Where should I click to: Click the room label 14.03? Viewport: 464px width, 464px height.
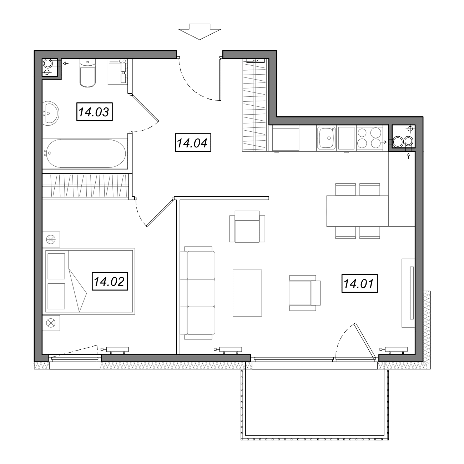[x=94, y=112]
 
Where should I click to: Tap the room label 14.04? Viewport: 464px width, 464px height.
[x=193, y=143]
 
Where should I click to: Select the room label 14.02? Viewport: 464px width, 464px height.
[x=110, y=281]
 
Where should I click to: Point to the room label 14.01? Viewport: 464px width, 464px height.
[x=359, y=283]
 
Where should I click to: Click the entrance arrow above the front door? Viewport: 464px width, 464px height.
[x=200, y=32]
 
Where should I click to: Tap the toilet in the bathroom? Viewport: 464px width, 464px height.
[x=87, y=73]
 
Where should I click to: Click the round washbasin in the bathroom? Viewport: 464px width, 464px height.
[x=51, y=113]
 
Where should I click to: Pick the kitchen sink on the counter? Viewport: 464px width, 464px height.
[x=327, y=138]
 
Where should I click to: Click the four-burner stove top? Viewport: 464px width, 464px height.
[x=369, y=138]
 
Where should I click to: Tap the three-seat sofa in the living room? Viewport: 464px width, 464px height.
[x=198, y=293]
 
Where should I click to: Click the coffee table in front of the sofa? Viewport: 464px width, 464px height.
[x=247, y=293]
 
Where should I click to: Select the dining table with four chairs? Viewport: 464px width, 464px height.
[x=358, y=211]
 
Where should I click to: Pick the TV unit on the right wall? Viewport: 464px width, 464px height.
[x=408, y=293]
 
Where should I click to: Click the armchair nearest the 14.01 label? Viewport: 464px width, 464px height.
[x=305, y=293]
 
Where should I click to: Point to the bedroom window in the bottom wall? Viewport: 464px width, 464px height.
[x=75, y=359]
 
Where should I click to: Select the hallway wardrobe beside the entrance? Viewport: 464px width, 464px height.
[x=255, y=105]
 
